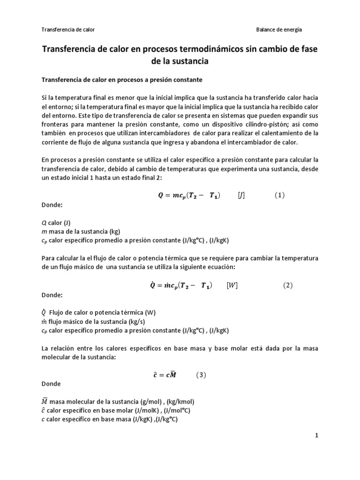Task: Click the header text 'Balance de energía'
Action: (279, 30)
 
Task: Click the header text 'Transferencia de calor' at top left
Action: (68, 30)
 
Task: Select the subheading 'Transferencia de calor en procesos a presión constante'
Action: (122, 80)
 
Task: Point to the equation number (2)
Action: (287, 285)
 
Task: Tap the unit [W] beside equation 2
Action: (232, 285)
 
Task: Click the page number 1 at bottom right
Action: (316, 435)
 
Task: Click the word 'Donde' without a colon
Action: (51, 384)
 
